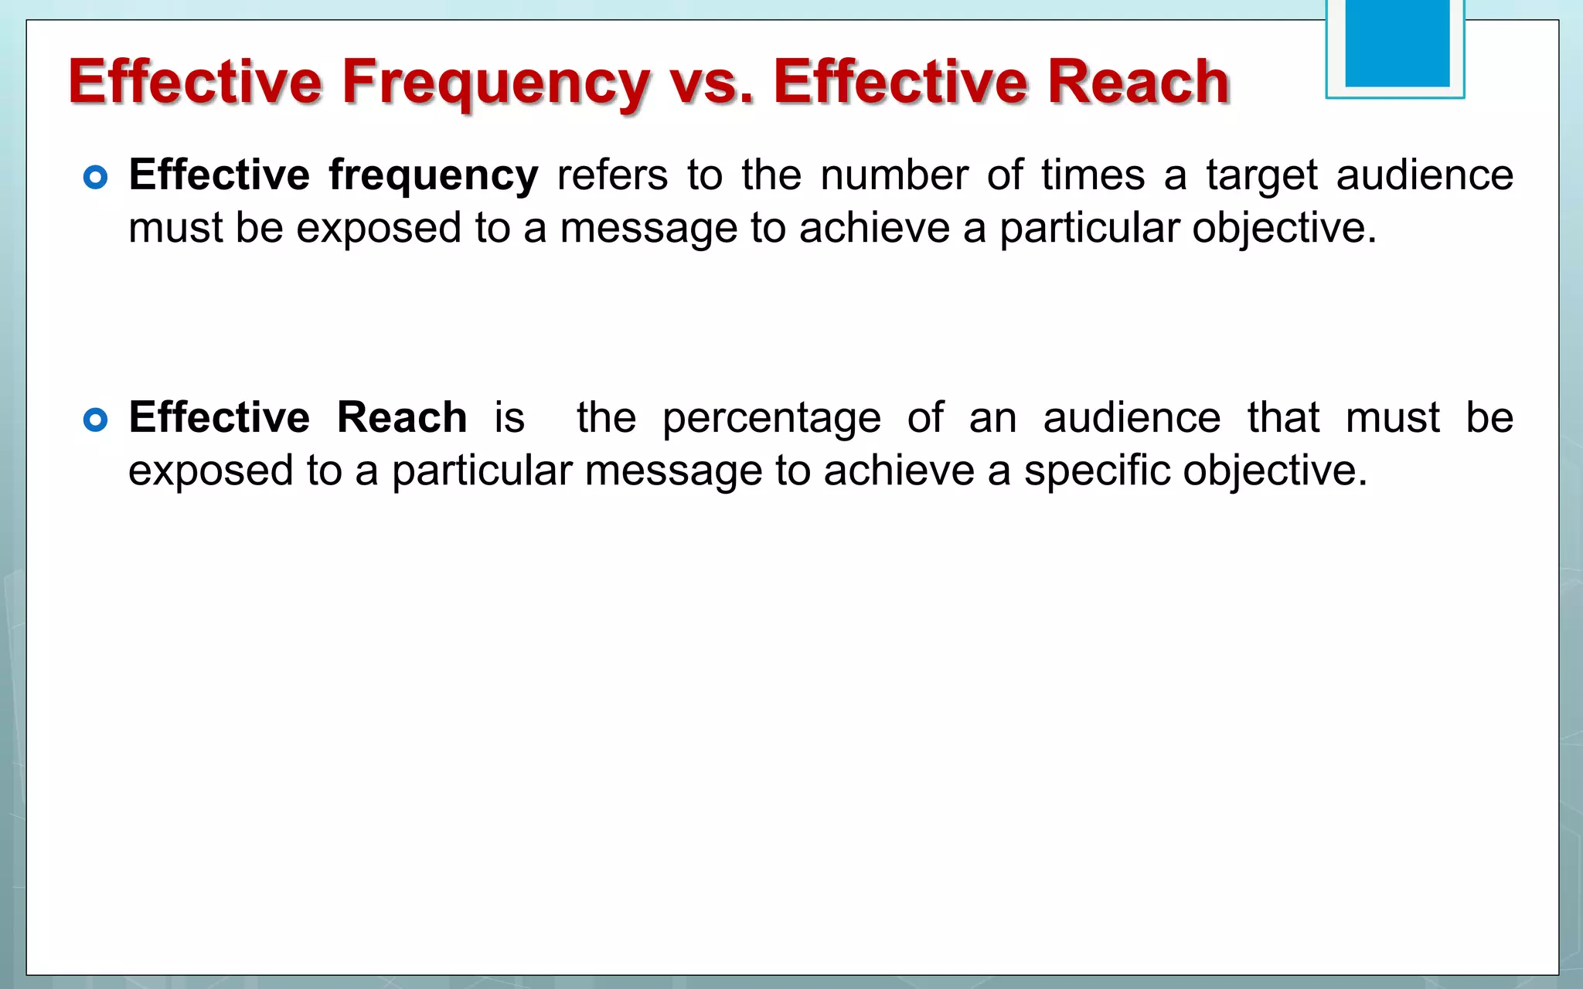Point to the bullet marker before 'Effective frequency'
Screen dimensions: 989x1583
tap(95, 178)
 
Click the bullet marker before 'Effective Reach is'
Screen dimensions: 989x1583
tap(95, 420)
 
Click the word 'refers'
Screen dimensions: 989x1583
tap(612, 175)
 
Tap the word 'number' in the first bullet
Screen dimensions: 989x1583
tap(894, 175)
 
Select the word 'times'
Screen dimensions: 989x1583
tap(1092, 175)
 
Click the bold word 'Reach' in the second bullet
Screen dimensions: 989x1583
tap(402, 418)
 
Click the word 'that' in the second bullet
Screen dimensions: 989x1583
tap(1283, 418)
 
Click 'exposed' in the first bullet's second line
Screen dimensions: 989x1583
tap(379, 229)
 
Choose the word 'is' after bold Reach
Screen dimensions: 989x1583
tap(509, 418)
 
